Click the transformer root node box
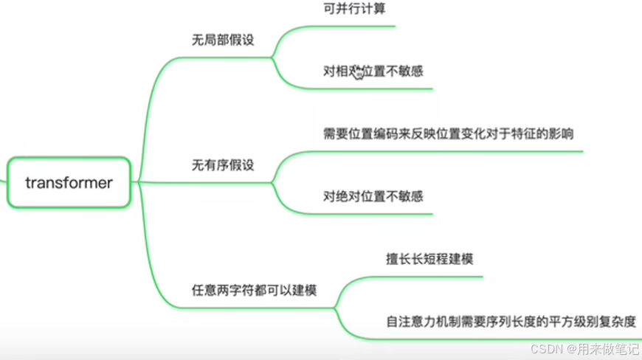point(69,182)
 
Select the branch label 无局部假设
point(223,40)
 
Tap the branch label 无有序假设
point(223,165)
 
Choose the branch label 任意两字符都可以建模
point(254,291)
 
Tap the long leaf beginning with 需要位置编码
point(449,134)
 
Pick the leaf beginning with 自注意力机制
point(511,322)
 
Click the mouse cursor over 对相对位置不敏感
point(358,72)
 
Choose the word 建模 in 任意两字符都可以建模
point(304,291)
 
